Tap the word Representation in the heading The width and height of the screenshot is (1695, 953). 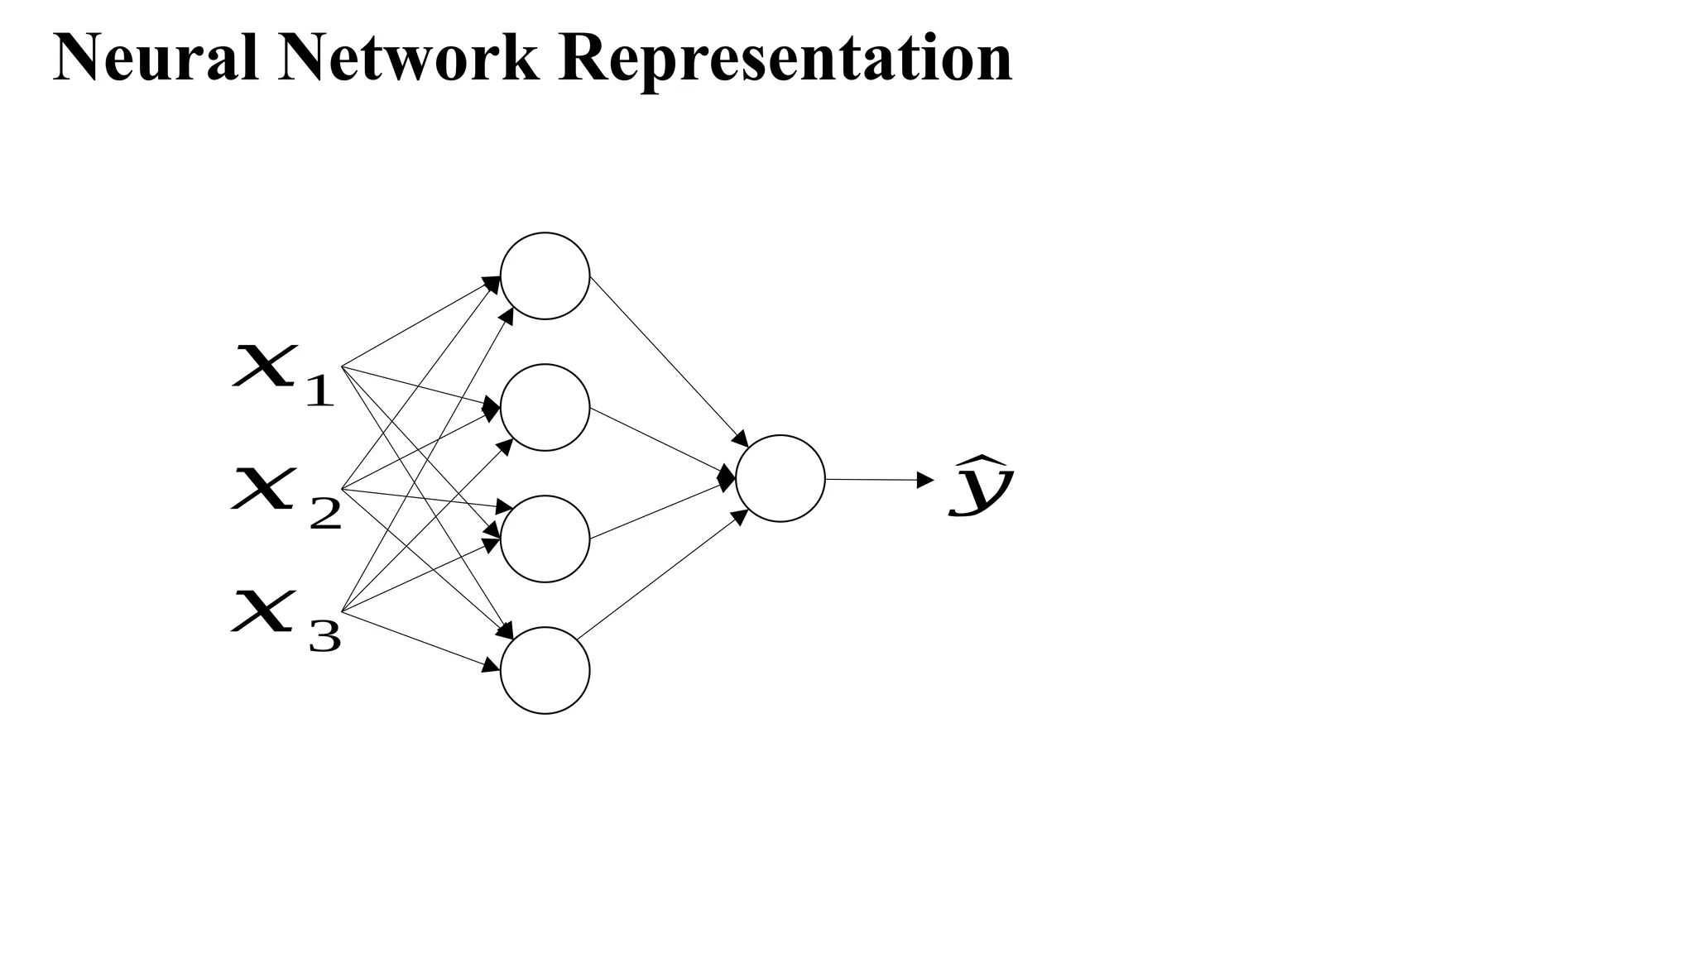pos(785,60)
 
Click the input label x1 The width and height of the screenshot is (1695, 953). pos(281,376)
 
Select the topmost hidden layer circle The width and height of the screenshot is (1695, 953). pos(545,275)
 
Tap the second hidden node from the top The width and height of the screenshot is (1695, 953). pos(545,408)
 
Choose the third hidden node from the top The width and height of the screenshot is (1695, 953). pos(545,539)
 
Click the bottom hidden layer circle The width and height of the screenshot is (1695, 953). pos(545,670)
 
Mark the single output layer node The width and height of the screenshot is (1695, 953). pos(780,478)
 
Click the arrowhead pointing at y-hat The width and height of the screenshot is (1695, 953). pos(926,480)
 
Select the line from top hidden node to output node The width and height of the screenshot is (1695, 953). pos(666,359)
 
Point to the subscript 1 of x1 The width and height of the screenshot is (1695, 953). pos(319,390)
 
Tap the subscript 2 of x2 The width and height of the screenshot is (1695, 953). pos(324,515)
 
